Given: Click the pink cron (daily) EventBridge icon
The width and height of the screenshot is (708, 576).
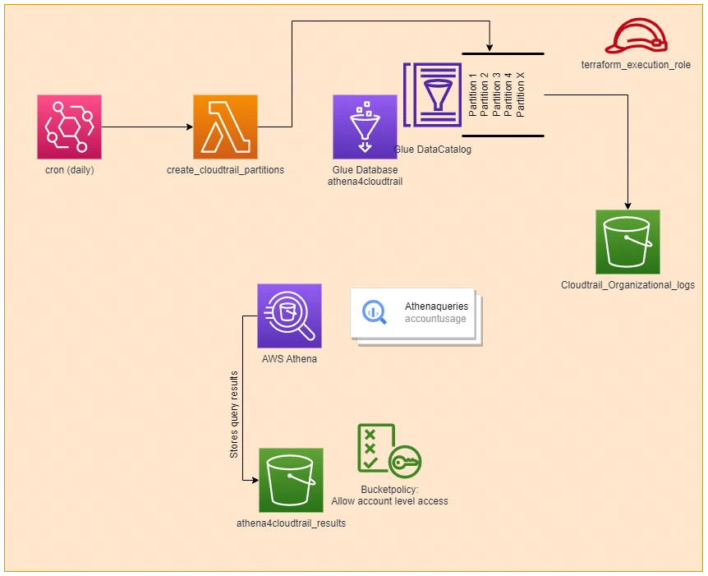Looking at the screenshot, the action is (69, 127).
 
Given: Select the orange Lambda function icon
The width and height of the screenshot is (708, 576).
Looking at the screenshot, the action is (225, 127).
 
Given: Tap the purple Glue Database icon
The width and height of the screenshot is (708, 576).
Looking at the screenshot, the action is (365, 127).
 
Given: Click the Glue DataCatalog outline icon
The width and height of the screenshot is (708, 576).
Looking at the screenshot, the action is (433, 94).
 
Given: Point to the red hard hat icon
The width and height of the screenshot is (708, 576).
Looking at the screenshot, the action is (637, 36).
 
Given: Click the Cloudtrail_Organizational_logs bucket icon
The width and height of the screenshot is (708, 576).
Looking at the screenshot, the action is (628, 242).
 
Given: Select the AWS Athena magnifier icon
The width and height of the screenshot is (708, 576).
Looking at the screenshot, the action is (289, 316).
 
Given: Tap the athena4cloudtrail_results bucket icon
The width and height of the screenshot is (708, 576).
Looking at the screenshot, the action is (292, 480).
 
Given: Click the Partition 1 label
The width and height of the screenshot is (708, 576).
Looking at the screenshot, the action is (473, 95).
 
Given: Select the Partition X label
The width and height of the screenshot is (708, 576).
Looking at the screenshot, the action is (520, 94).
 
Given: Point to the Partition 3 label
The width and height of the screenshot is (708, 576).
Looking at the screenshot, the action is (497, 95).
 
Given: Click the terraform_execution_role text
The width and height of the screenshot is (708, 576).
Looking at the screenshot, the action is (636, 65).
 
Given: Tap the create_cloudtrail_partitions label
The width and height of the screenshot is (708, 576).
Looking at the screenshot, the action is (225, 170).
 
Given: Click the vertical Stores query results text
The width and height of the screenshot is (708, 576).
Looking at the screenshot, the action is (234, 415).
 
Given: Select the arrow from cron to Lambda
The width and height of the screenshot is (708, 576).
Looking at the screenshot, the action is (147, 127).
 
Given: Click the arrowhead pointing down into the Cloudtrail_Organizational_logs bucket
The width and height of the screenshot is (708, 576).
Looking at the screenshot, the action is (628, 206).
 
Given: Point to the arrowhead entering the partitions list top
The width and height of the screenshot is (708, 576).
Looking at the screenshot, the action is (490, 48).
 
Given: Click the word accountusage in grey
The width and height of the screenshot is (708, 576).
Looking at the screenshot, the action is (435, 319).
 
